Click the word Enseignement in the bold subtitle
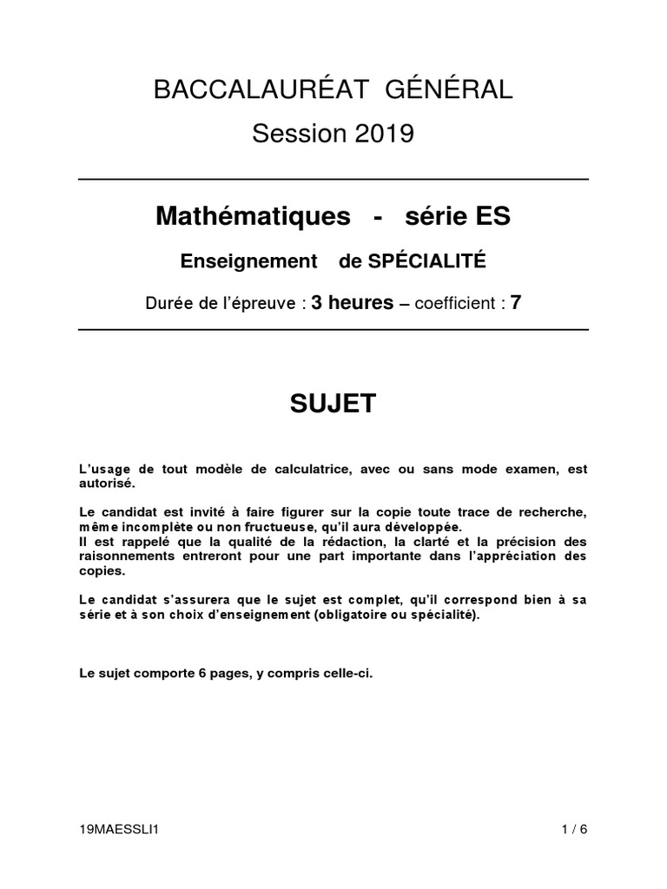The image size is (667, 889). click(x=248, y=260)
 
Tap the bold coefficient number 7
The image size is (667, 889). click(x=515, y=302)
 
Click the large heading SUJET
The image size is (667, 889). click(x=333, y=404)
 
